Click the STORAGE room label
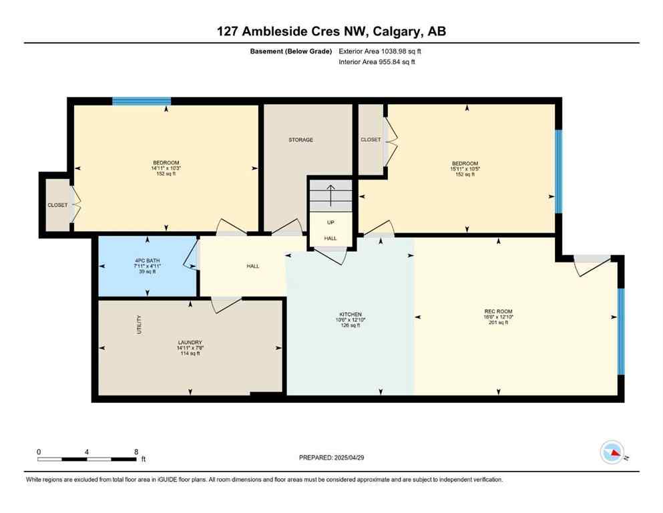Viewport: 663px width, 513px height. pyautogui.click(x=300, y=140)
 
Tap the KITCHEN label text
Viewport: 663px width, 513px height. pyautogui.click(x=350, y=314)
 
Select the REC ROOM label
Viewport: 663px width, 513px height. pyautogui.click(x=498, y=311)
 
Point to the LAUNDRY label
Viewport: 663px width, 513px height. pyautogui.click(x=190, y=343)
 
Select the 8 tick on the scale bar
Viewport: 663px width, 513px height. pyautogui.click(x=136, y=452)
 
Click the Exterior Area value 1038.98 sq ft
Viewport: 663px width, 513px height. pyautogui.click(x=380, y=51)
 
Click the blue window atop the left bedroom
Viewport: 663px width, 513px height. pyautogui.click(x=142, y=101)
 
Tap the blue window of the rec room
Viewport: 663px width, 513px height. pyautogui.click(x=620, y=331)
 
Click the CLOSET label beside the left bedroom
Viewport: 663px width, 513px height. pyautogui.click(x=57, y=205)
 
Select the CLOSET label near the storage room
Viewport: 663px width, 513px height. pyautogui.click(x=371, y=140)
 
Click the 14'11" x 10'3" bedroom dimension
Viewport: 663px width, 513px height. pyautogui.click(x=166, y=168)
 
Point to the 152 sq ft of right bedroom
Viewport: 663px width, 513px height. pyautogui.click(x=465, y=174)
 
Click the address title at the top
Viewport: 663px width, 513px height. pyautogui.click(x=331, y=31)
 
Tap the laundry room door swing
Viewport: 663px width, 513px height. pyautogui.click(x=226, y=305)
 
